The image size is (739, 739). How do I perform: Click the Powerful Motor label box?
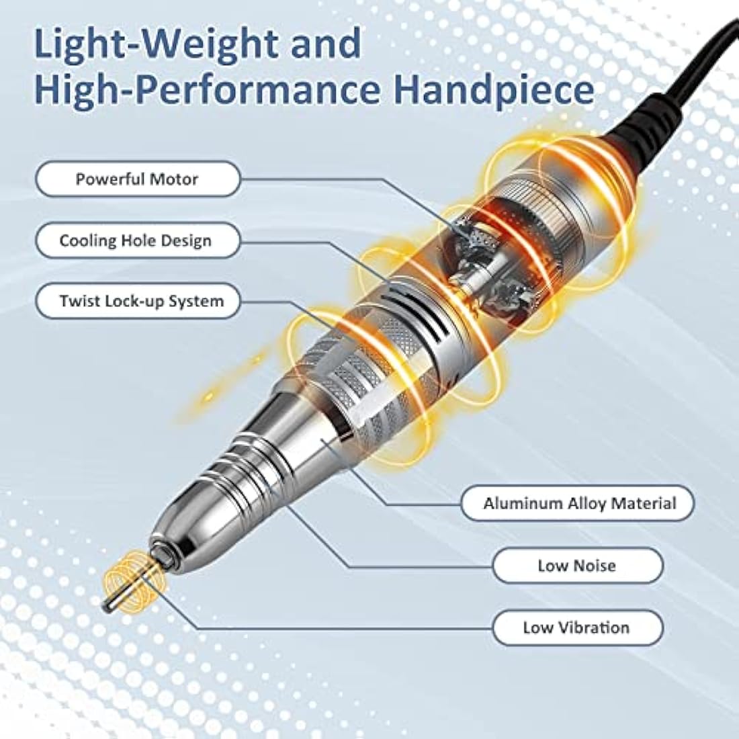point(138,179)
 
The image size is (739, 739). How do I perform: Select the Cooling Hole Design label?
point(138,241)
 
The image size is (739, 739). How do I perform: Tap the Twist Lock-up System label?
point(138,301)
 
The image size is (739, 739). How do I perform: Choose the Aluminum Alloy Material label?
point(578,503)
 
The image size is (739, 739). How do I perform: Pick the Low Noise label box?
point(578,565)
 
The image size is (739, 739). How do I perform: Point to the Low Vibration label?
point(578,627)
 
